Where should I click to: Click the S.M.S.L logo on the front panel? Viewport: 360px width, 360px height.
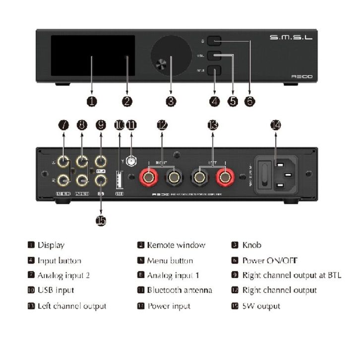(x=291, y=38)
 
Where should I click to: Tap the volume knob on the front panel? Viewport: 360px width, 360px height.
(x=170, y=58)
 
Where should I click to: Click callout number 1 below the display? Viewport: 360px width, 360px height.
(x=91, y=101)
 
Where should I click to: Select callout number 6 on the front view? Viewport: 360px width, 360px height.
(x=250, y=101)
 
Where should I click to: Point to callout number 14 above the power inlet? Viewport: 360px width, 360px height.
(x=275, y=125)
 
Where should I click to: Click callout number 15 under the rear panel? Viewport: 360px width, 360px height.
(x=101, y=220)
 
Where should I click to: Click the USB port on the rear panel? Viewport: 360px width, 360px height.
(x=119, y=177)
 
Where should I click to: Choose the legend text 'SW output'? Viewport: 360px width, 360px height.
(x=261, y=306)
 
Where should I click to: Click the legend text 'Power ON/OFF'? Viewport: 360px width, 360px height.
(x=270, y=260)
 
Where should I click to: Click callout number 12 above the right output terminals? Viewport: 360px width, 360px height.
(x=162, y=125)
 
